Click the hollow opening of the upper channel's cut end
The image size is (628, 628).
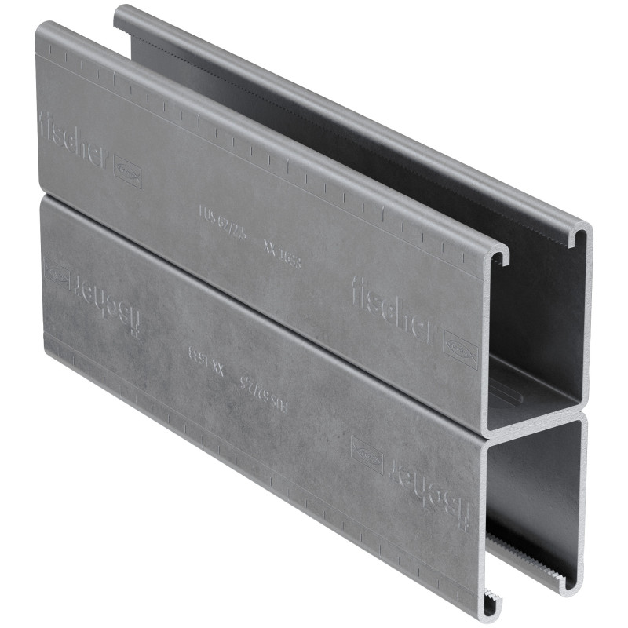(x=542, y=330)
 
